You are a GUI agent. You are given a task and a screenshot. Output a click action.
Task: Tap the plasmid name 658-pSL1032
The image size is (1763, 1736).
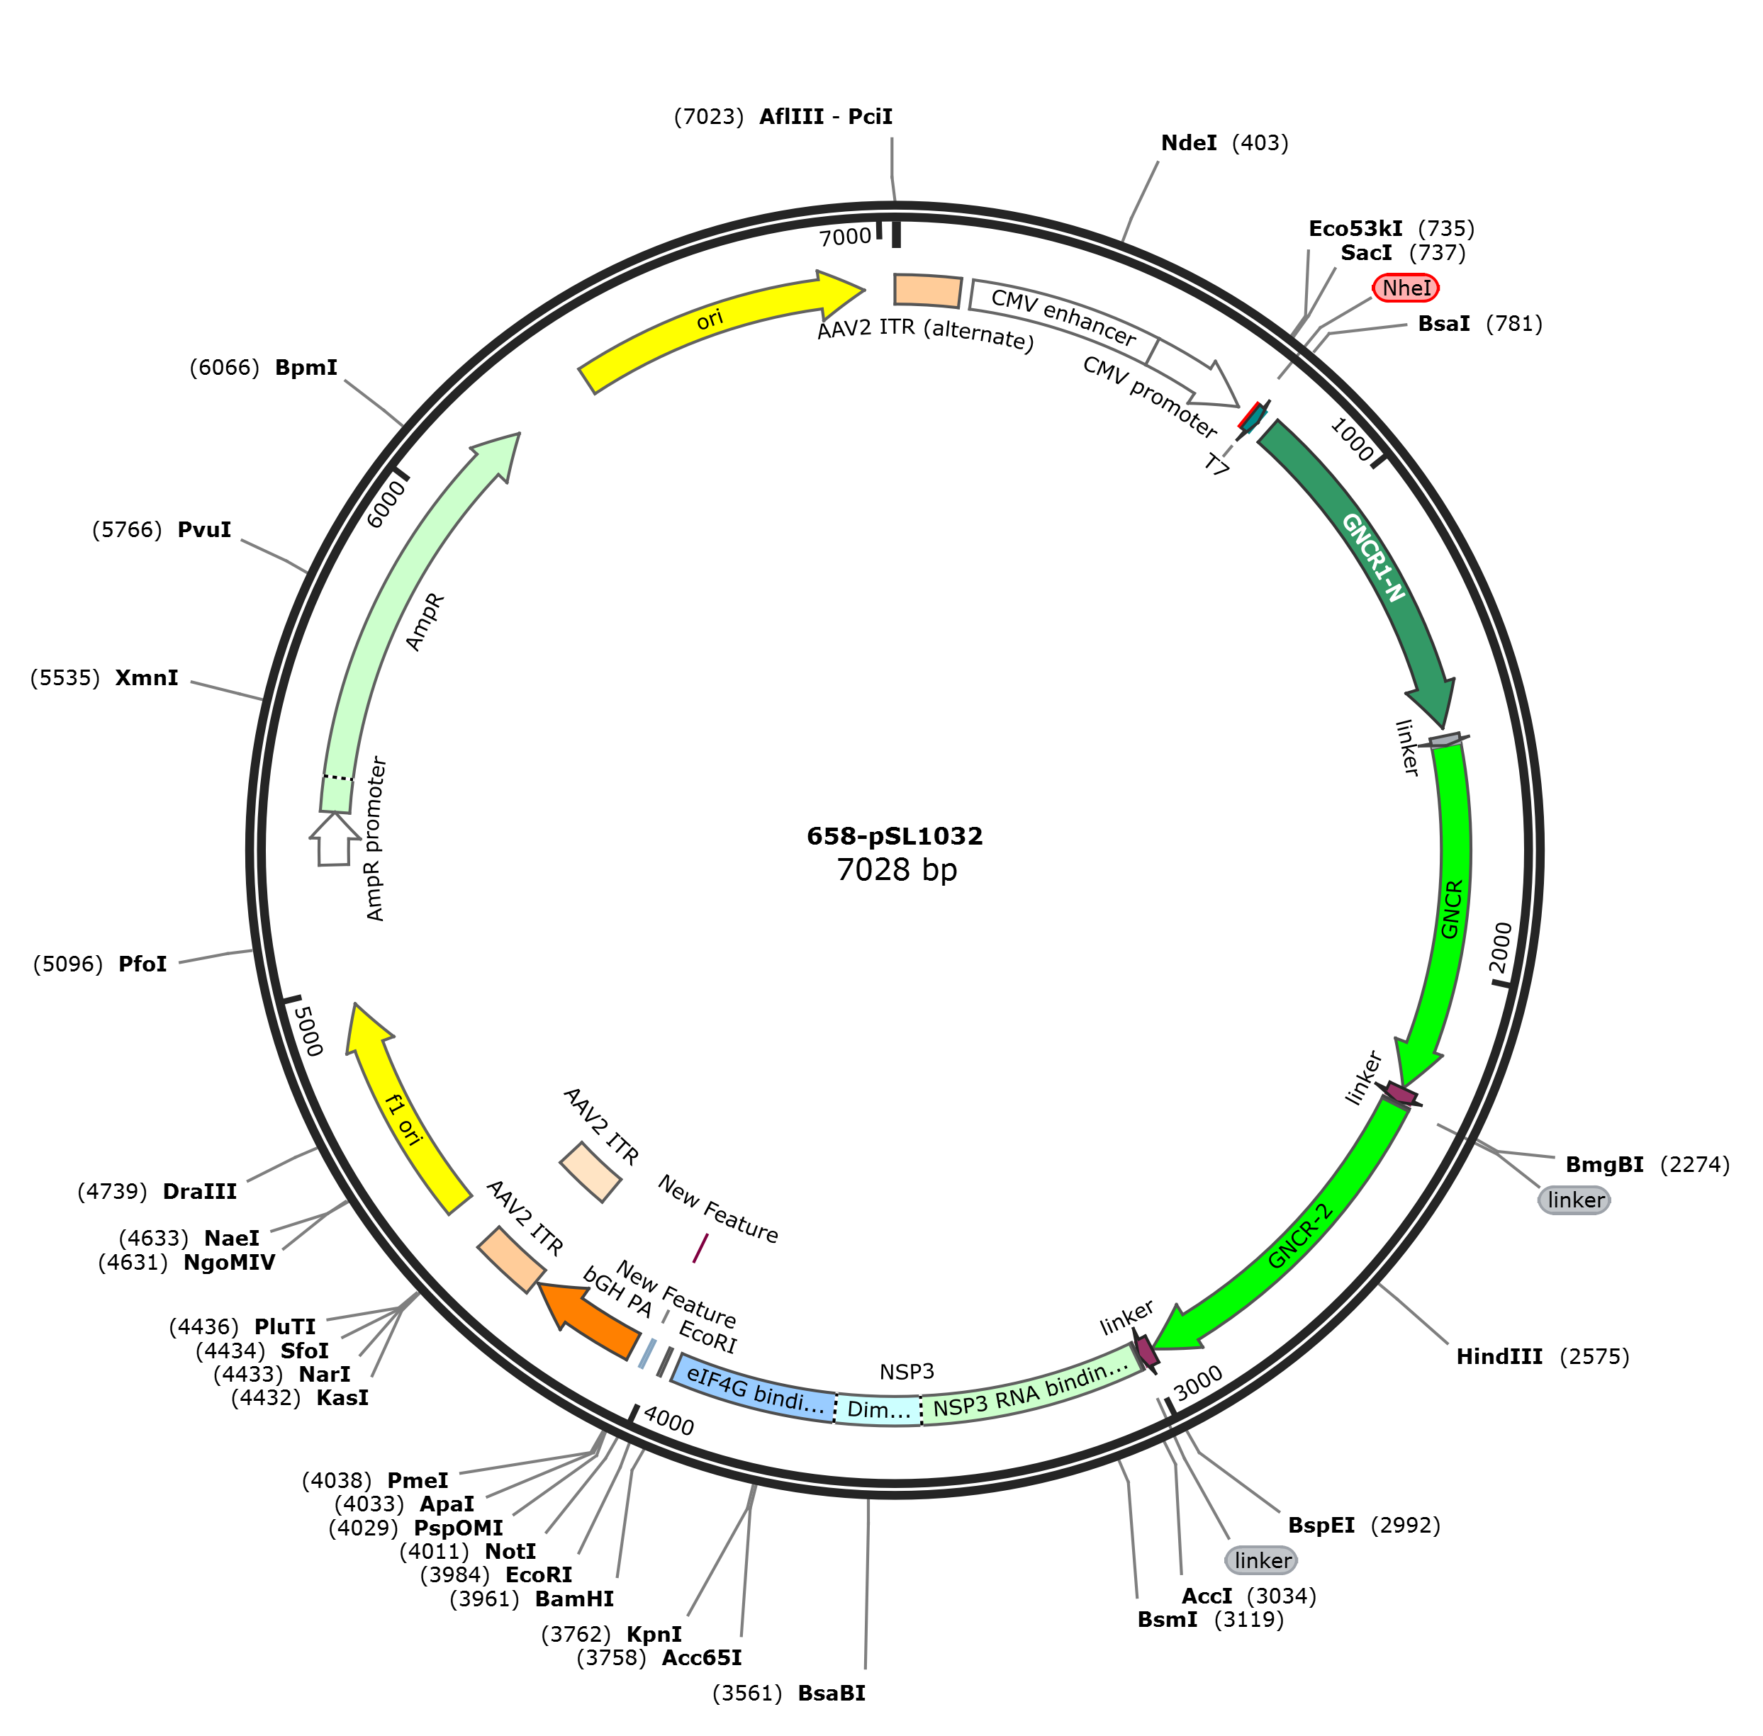[894, 836]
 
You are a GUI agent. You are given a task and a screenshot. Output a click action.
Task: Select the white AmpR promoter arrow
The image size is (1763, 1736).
[334, 839]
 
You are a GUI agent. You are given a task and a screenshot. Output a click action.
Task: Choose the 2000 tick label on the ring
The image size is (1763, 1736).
[1500, 947]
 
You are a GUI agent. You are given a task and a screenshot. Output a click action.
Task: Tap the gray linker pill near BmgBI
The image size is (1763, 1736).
[1574, 1200]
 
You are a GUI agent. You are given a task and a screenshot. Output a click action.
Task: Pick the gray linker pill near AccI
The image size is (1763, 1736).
[1261, 1560]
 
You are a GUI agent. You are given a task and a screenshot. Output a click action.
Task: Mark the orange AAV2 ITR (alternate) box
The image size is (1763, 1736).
[927, 290]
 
